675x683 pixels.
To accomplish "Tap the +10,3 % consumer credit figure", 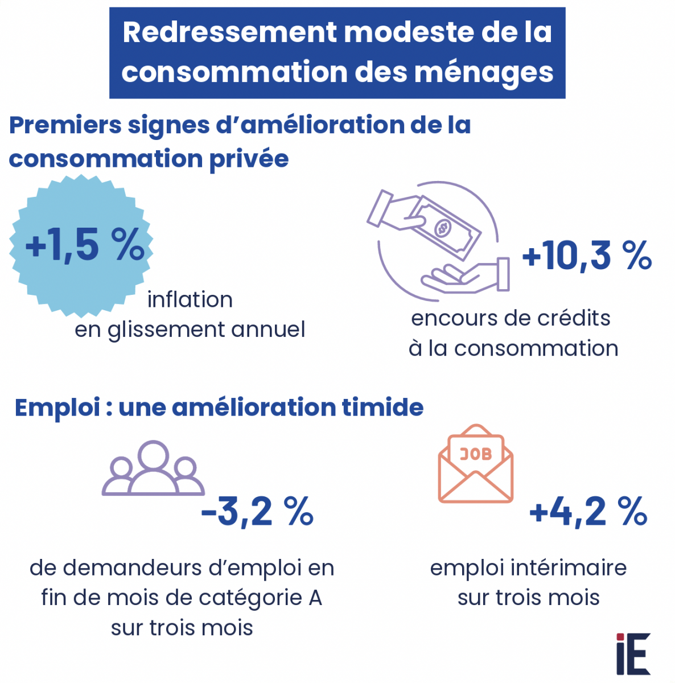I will click(x=586, y=256).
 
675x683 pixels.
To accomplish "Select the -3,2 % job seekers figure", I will click(x=257, y=512).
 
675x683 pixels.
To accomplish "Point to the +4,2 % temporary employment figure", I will click(x=588, y=512).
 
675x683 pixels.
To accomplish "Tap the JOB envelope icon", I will click(x=476, y=464).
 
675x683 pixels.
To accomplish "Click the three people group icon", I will click(x=153, y=469).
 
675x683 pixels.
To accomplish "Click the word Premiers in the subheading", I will click(x=65, y=126).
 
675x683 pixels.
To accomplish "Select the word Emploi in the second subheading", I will click(x=57, y=408).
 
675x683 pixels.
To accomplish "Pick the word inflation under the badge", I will click(x=190, y=300).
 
